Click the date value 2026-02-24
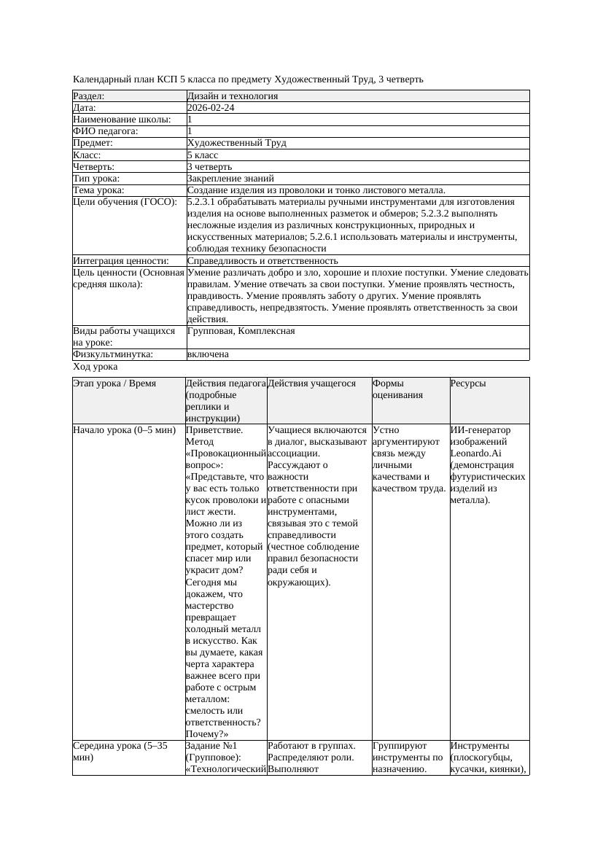pyautogui.click(x=211, y=108)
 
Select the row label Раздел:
pyautogui.click(x=89, y=96)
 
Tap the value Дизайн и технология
pyautogui.click(x=233, y=96)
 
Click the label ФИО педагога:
pyautogui.click(x=106, y=131)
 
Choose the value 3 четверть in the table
pyautogui.click(x=210, y=166)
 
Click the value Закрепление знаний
pyautogui.click(x=230, y=178)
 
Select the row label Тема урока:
pyautogui.click(x=99, y=190)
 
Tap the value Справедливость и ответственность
pyautogui.click(x=262, y=260)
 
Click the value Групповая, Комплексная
pyautogui.click(x=241, y=331)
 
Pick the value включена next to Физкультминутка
pyautogui.click(x=208, y=354)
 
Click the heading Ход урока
pyautogui.click(x=96, y=367)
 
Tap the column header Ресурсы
pyautogui.click(x=468, y=383)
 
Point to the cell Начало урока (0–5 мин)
pyautogui.click(x=125, y=430)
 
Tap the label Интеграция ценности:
pyautogui.click(x=120, y=260)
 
